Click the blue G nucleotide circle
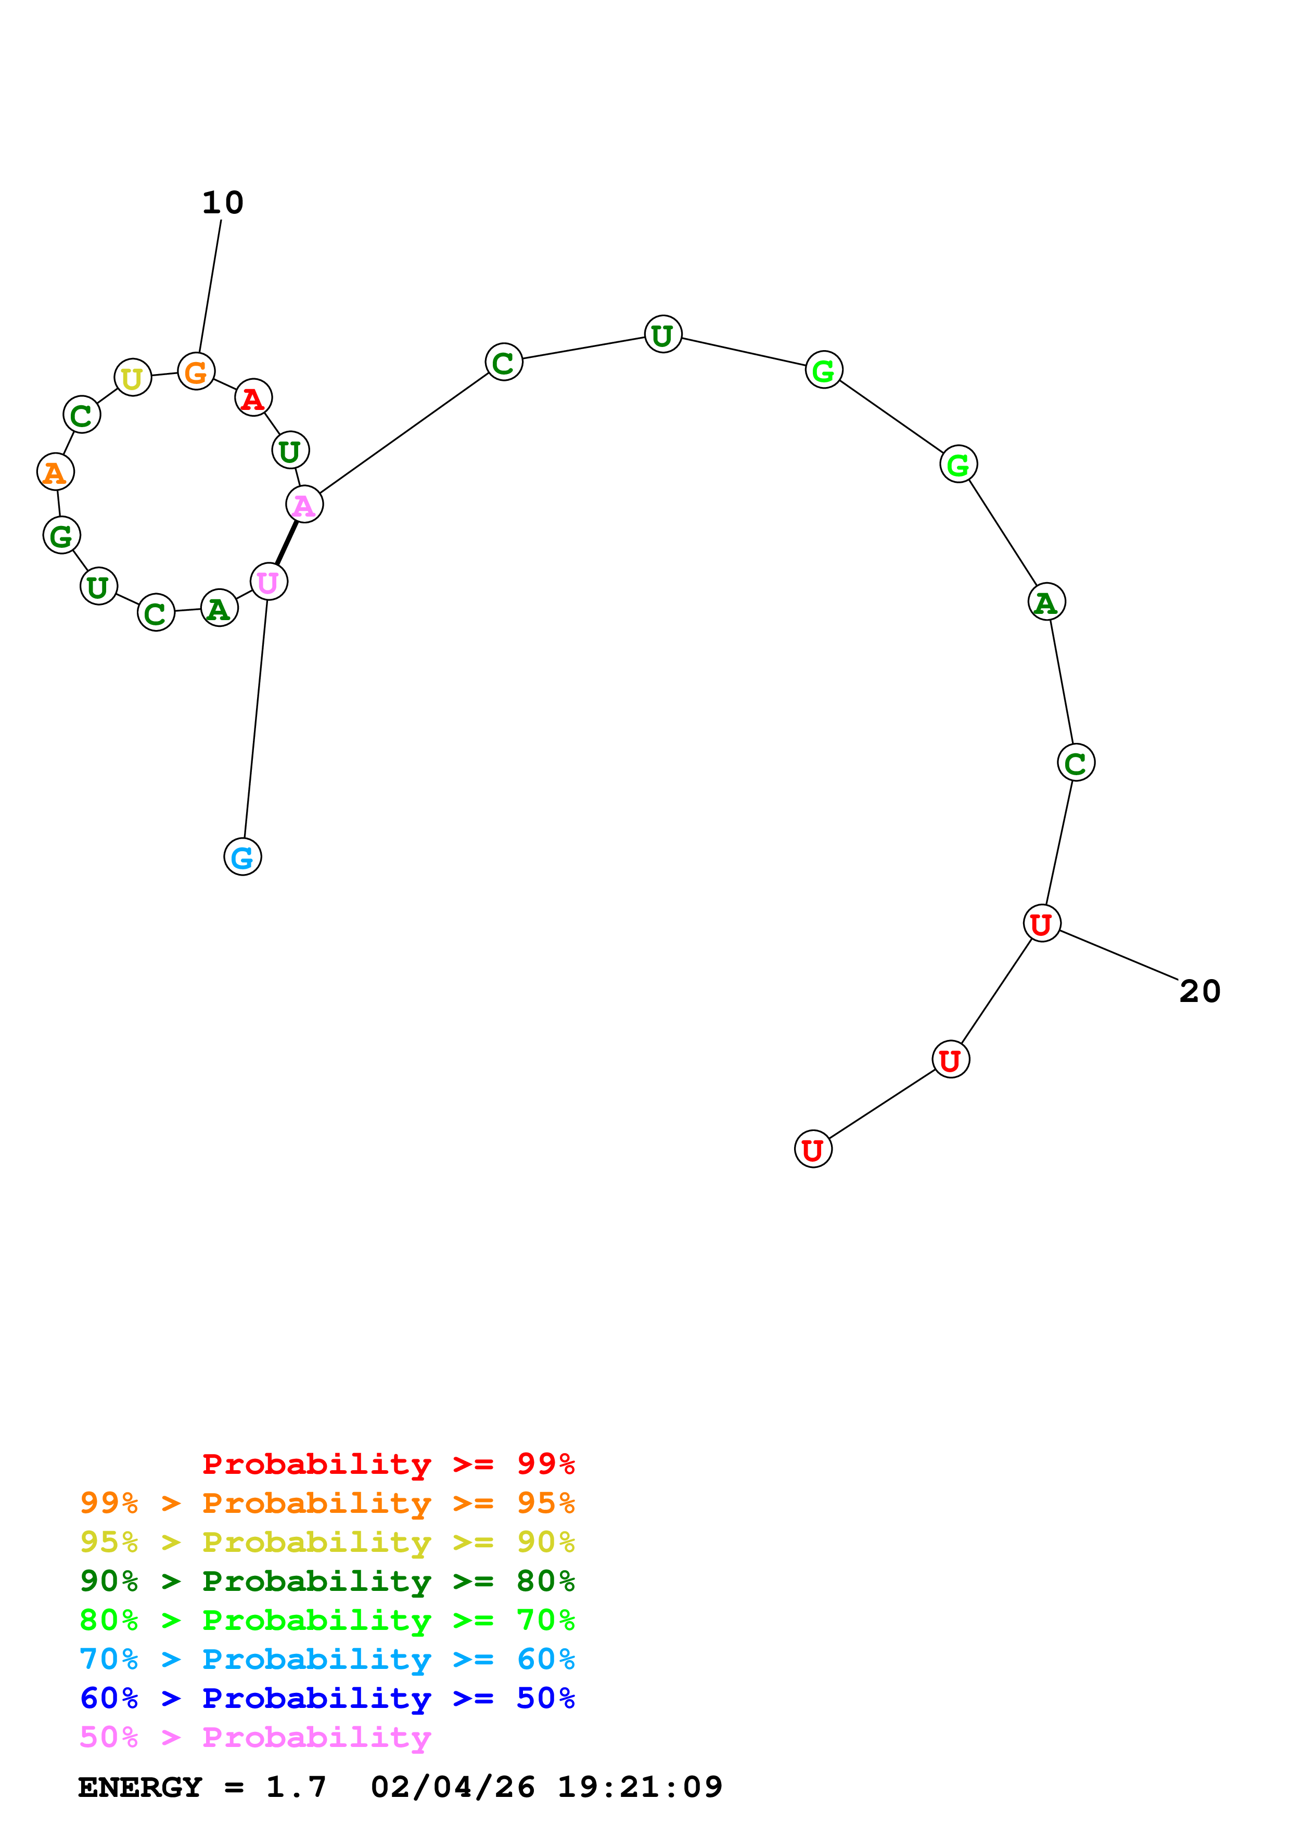click(242, 856)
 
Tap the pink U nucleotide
click(269, 582)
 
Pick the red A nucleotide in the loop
click(253, 397)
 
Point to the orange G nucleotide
click(196, 371)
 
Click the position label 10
click(223, 203)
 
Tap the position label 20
click(1200, 991)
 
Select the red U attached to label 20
click(1042, 923)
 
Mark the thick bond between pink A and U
click(287, 543)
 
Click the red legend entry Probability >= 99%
click(389, 1463)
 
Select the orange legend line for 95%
click(327, 1503)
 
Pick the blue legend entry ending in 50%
click(327, 1698)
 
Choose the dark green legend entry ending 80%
click(327, 1581)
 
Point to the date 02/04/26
click(453, 1787)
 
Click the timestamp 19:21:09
click(640, 1787)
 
